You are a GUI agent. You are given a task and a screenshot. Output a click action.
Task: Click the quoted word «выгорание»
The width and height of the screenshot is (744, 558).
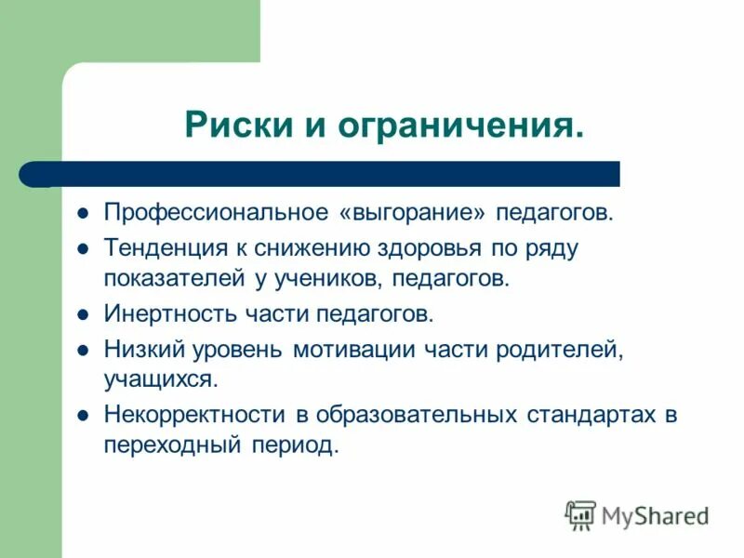[x=414, y=214]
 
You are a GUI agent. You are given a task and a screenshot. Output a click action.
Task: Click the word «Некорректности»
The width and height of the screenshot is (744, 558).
[x=197, y=415]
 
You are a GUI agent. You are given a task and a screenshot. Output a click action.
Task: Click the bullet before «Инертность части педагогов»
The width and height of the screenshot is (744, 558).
[x=82, y=315]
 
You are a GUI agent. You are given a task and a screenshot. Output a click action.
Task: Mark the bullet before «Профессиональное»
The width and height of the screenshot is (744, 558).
[x=82, y=215]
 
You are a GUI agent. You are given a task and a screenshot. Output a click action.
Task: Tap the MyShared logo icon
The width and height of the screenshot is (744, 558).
[x=581, y=514]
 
